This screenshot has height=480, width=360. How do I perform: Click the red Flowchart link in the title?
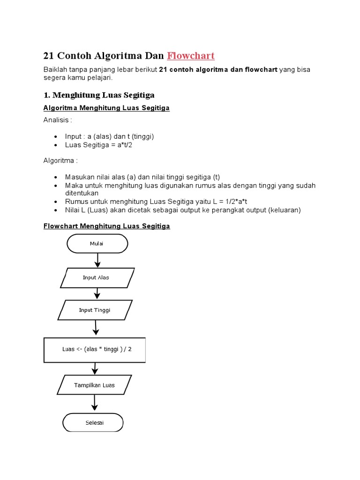(x=191, y=56)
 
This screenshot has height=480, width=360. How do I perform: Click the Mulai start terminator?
(x=97, y=244)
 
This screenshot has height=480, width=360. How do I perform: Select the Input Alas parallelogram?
(x=97, y=277)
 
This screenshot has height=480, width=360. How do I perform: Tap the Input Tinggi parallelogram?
(x=96, y=310)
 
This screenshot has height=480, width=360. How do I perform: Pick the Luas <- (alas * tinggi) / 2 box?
(x=95, y=349)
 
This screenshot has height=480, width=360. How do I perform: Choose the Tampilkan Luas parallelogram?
(x=95, y=385)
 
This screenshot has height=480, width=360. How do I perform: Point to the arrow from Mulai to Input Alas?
(x=97, y=260)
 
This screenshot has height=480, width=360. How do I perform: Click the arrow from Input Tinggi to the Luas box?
(x=96, y=328)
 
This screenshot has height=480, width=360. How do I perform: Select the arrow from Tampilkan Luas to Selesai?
(x=95, y=403)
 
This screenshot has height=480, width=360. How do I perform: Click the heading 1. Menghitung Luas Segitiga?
(x=99, y=95)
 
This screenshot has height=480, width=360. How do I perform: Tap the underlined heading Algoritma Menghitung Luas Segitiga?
(x=106, y=108)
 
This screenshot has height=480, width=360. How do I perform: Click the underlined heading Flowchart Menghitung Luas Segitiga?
(x=106, y=226)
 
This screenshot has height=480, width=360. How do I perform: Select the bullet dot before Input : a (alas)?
(x=56, y=137)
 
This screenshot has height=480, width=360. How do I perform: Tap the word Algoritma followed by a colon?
(x=60, y=161)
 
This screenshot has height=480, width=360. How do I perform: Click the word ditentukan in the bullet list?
(x=82, y=193)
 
